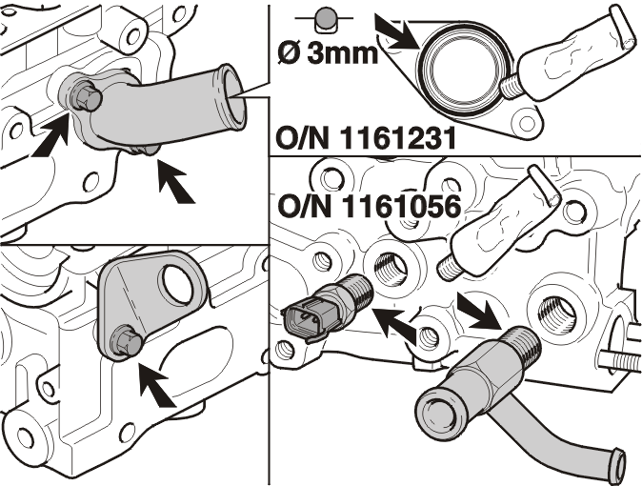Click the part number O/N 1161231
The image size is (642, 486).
[366, 137]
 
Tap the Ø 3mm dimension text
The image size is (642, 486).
[328, 53]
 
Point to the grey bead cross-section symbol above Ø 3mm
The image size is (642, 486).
[326, 21]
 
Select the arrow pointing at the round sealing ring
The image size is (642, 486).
[397, 32]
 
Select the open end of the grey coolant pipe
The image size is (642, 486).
[233, 98]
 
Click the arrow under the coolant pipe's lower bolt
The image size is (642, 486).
[175, 181]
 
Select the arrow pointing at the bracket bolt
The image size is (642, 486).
[157, 385]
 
